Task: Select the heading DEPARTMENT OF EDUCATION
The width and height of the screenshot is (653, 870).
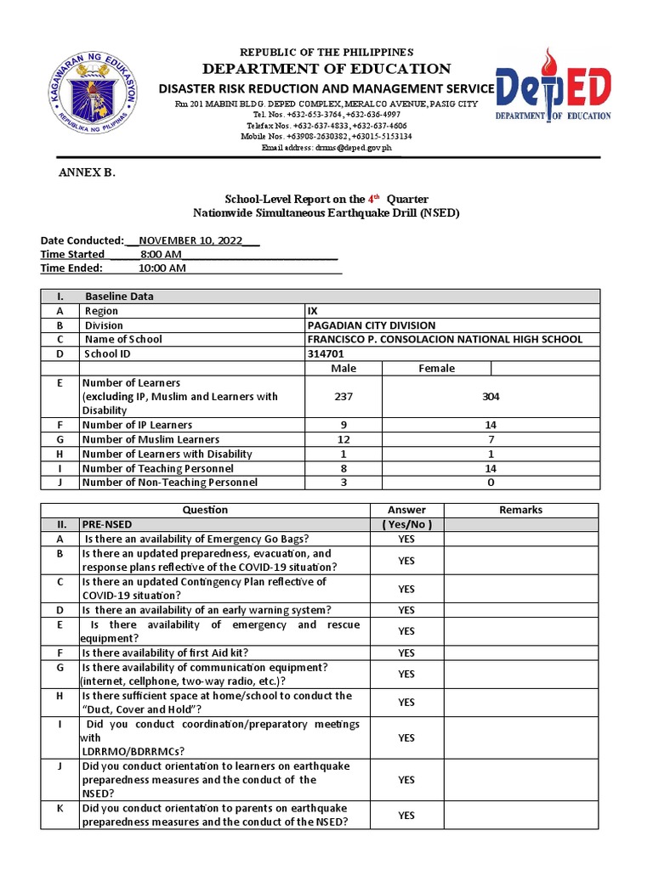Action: (x=326, y=69)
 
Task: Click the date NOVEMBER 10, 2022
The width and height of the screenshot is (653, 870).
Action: (x=190, y=240)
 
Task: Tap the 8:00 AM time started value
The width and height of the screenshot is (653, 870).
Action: (x=161, y=254)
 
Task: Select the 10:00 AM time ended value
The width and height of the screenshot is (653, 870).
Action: (x=162, y=268)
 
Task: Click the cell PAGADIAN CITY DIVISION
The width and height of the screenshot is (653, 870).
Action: (x=371, y=325)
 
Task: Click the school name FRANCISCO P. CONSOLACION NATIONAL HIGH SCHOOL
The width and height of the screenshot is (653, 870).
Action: (x=445, y=339)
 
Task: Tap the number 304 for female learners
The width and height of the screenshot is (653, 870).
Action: (x=491, y=396)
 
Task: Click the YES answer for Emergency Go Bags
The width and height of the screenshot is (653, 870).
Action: (x=406, y=540)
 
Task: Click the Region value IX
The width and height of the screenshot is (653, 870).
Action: (x=312, y=311)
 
